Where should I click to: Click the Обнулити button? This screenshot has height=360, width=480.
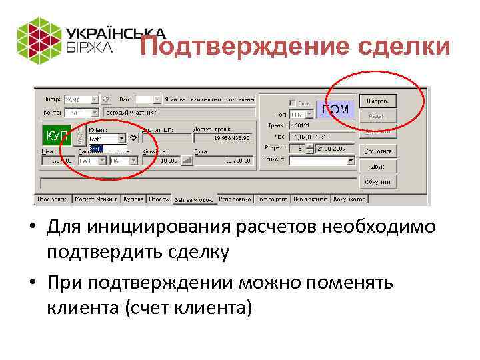click(x=378, y=182)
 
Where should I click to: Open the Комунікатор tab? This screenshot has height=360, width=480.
click(x=349, y=199)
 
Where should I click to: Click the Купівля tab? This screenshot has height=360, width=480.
click(x=133, y=199)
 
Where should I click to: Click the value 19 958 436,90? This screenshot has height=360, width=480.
click(x=223, y=138)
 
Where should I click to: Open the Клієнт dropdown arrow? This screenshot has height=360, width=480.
click(x=121, y=138)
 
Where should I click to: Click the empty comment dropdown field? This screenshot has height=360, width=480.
click(x=322, y=161)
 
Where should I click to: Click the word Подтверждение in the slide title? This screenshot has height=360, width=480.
click(x=226, y=47)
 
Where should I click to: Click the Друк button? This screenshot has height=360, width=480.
click(x=378, y=167)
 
